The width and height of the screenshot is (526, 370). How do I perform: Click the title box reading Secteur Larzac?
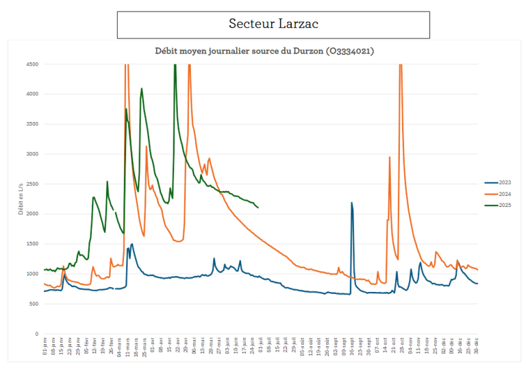(273, 25)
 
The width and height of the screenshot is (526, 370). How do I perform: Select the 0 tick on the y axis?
(36, 334)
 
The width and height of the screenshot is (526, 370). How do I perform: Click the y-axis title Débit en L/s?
(21, 199)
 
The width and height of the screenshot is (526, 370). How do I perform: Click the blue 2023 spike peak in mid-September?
(351, 203)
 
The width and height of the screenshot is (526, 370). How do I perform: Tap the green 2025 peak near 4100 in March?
(142, 88)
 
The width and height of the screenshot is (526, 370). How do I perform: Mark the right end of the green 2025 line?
(258, 208)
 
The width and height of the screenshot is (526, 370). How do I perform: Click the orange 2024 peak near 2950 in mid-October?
(390, 157)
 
